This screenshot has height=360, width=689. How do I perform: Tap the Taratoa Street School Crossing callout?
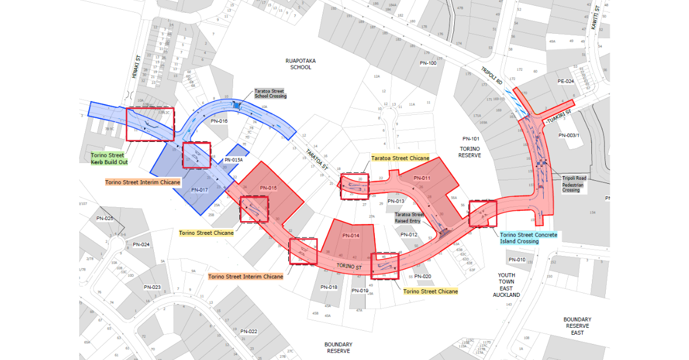(270, 94)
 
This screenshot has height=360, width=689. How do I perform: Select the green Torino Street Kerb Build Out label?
(109, 158)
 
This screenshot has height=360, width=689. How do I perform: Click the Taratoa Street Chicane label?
(400, 158)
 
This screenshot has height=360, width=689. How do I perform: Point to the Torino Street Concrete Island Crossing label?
(528, 238)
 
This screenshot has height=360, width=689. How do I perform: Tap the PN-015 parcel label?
(268, 188)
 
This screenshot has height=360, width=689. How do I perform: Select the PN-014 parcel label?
(351, 235)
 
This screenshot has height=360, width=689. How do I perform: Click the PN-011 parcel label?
(421, 178)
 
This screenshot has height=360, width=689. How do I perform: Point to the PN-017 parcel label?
(199, 190)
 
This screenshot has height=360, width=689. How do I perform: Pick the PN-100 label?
(428, 63)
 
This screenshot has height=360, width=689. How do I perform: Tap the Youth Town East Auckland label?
(506, 285)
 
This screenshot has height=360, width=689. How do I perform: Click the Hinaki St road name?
(137, 67)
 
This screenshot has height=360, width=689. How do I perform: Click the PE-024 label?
(566, 82)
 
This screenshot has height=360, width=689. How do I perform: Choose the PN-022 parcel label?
(249, 331)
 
